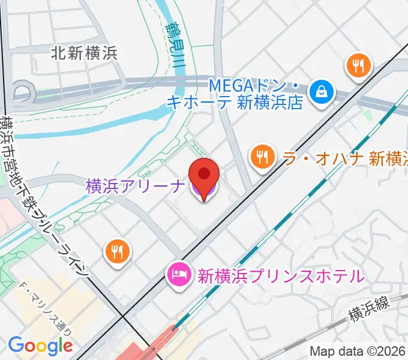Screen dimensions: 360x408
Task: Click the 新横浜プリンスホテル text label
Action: pos(281,276)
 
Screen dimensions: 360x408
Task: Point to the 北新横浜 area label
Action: pos(84,53)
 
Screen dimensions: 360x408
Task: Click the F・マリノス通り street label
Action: pos(46,308)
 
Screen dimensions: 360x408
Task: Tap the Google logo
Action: pos(40,346)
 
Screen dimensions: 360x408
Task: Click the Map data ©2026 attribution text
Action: pos(358,351)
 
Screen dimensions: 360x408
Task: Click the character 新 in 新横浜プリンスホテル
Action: pos(205,276)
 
